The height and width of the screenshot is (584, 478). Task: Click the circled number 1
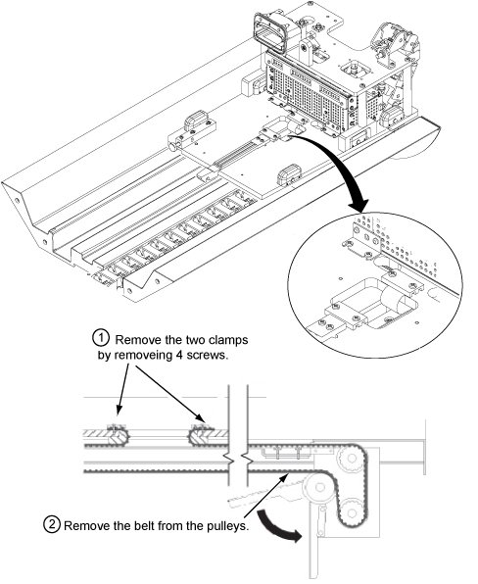[100, 338]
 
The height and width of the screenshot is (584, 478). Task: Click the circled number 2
[52, 524]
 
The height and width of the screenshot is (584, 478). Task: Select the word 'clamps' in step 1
[228, 340]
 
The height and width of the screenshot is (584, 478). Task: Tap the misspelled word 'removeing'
[143, 356]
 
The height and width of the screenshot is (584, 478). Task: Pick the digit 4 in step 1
[178, 356]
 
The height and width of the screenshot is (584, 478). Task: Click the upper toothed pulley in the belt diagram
[351, 458]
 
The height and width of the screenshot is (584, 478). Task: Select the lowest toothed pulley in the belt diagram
[350, 513]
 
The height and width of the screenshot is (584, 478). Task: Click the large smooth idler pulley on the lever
[318, 487]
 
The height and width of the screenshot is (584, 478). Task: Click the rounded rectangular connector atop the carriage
[270, 32]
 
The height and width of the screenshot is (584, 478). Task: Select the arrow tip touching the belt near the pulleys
[288, 473]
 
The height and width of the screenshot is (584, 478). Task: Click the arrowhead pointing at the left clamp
[119, 410]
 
